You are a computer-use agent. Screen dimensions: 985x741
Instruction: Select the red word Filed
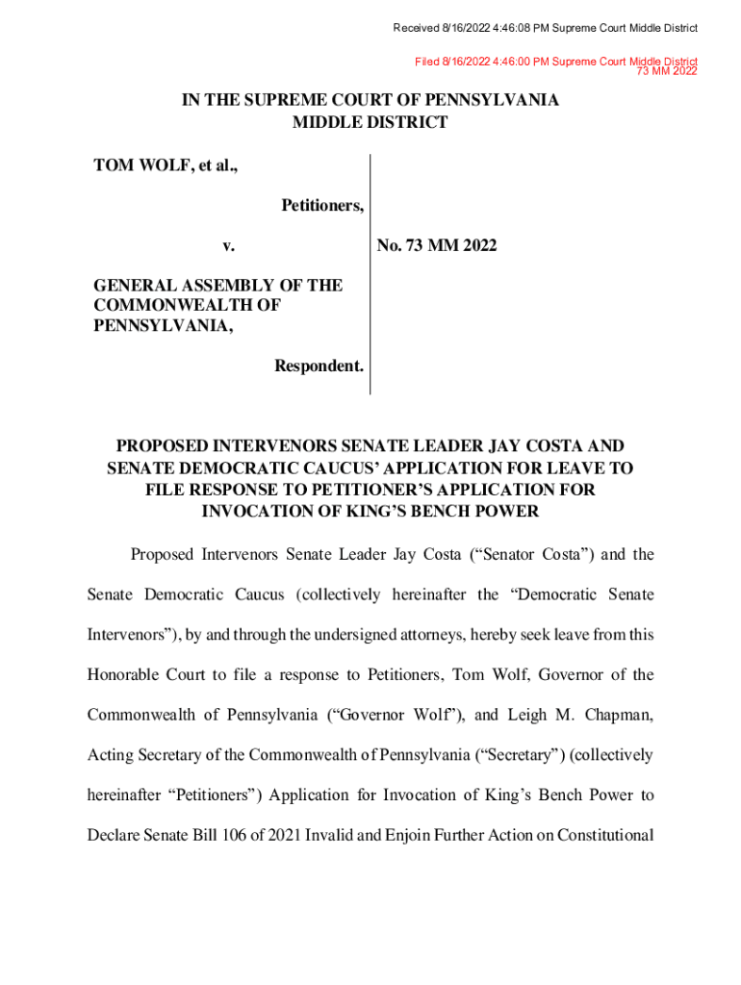[x=426, y=62]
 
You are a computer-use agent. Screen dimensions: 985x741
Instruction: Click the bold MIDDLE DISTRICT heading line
[x=370, y=122]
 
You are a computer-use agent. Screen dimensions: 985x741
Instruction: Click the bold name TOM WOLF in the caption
[x=144, y=165]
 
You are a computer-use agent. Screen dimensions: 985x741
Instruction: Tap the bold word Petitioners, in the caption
[x=322, y=205]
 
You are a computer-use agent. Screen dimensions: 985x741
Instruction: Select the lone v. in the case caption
[x=228, y=246]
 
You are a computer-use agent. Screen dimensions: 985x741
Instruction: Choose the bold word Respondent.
[x=319, y=366]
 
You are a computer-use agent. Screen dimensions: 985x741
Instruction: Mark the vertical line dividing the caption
[x=370, y=274]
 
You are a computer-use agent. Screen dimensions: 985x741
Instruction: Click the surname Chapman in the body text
[x=617, y=715]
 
